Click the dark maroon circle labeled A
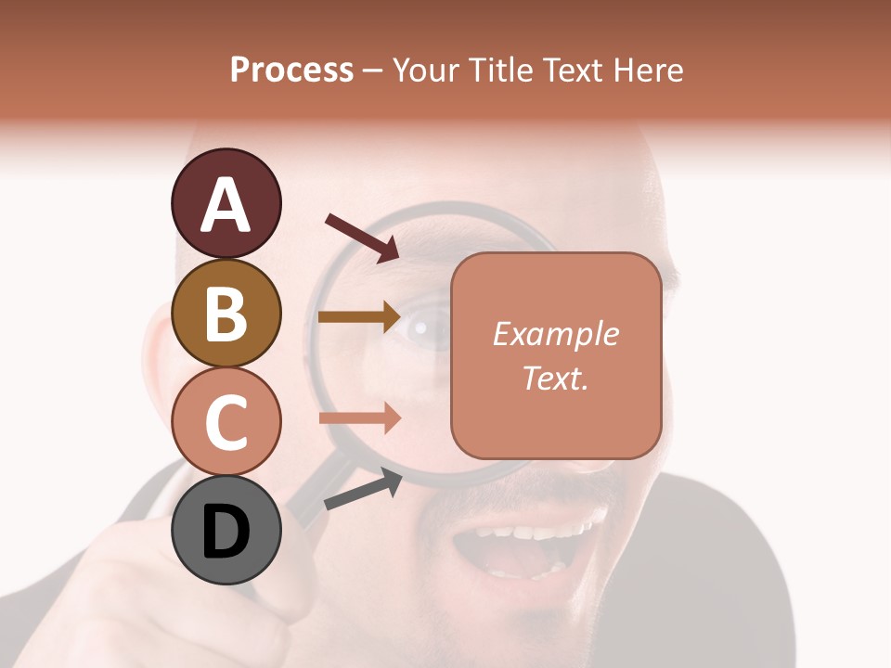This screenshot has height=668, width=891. tap(226, 203)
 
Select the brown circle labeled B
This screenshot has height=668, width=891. tap(226, 313)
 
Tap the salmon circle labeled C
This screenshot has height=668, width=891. tap(226, 422)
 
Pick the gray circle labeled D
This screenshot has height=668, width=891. tap(226, 531)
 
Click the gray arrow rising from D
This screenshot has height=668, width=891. tap(363, 489)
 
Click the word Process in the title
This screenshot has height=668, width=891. tap(291, 70)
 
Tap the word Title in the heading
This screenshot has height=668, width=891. tap(501, 70)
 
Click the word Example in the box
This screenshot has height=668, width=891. tap(555, 334)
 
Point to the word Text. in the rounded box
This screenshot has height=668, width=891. tap(555, 378)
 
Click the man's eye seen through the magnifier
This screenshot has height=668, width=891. tap(422, 327)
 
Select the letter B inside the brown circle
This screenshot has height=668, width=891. tap(226, 313)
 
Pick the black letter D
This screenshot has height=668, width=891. tap(226, 532)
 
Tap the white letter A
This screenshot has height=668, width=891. tap(226, 204)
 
